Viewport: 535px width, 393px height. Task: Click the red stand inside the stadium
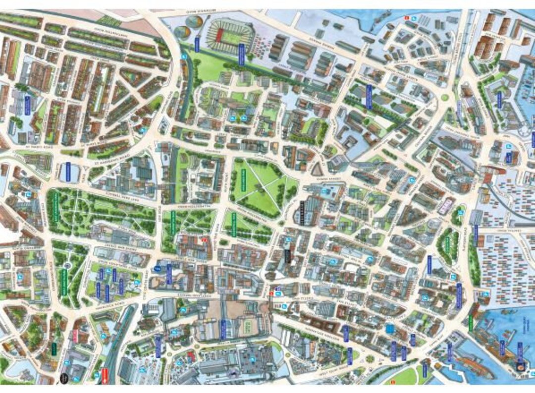coord(219,36)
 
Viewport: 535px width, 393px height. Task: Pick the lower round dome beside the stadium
coord(182,33)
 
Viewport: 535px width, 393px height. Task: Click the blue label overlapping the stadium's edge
coord(241,54)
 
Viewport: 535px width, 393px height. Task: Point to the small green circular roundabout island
coord(444,97)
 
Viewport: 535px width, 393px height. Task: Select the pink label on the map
coord(75,336)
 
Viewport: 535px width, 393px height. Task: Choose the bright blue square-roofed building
coord(390,329)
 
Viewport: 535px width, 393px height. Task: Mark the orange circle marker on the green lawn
coord(392,382)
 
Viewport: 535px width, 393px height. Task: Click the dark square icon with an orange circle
coord(520,367)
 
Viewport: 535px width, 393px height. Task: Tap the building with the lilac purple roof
coord(446,205)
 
